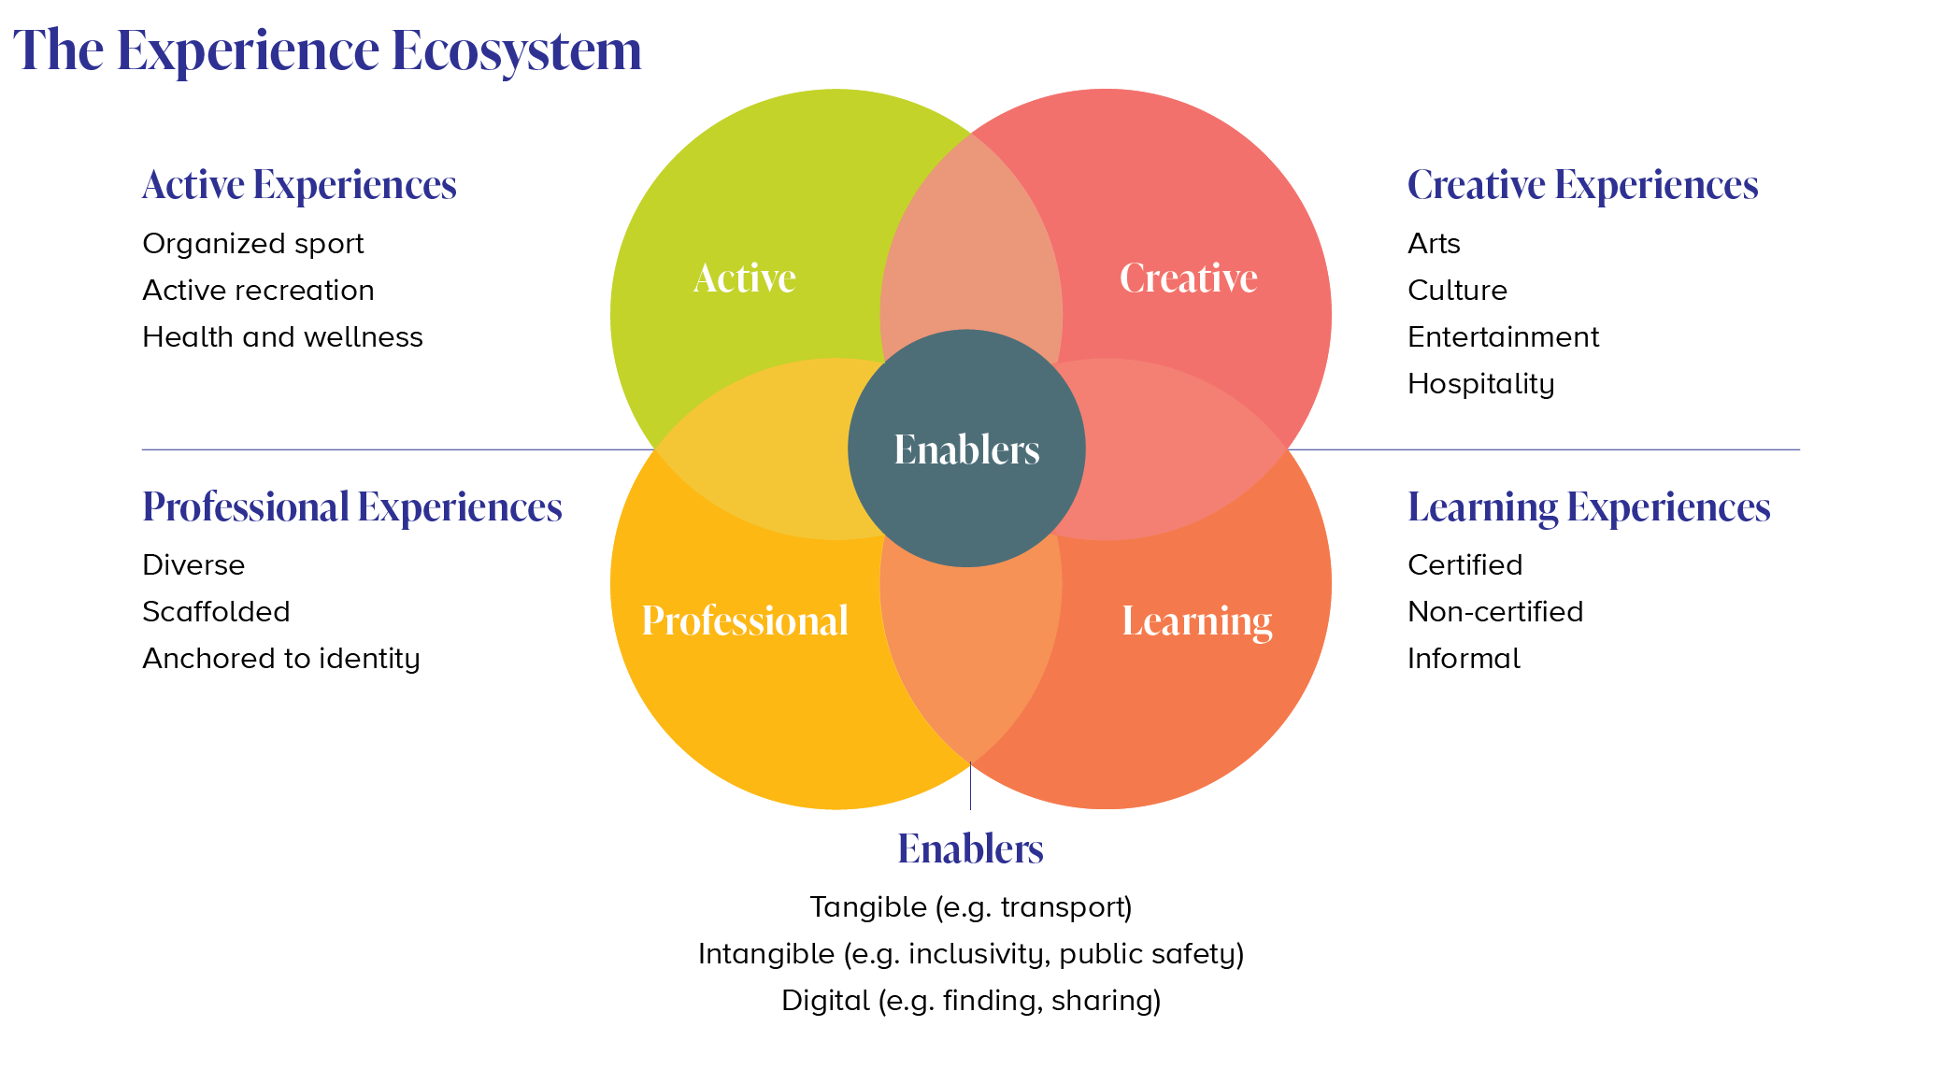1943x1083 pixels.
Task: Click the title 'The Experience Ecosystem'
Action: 327,50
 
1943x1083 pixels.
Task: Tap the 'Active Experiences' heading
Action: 299,185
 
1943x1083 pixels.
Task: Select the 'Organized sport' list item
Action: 252,244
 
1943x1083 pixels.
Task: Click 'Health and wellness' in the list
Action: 282,337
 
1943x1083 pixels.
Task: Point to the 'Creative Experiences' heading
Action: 1582,185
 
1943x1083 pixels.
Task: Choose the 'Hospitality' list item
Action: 1480,384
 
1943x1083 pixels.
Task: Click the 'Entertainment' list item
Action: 1503,337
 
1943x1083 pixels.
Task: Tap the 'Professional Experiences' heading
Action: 351,506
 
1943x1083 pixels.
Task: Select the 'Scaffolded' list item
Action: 216,612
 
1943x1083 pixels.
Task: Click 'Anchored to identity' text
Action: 280,659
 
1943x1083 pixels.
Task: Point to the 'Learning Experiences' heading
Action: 1589,506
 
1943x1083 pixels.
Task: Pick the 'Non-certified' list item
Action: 1495,612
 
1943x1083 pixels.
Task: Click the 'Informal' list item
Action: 1464,659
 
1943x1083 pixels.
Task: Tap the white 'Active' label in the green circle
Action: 745,278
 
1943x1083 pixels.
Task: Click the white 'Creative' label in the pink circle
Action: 1188,278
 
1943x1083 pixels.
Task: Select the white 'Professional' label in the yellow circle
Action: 745,620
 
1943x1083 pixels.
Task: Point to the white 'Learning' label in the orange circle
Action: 1196,621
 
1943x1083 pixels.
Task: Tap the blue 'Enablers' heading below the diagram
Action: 970,848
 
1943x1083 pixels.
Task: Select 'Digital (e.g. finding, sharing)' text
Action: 971,1001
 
